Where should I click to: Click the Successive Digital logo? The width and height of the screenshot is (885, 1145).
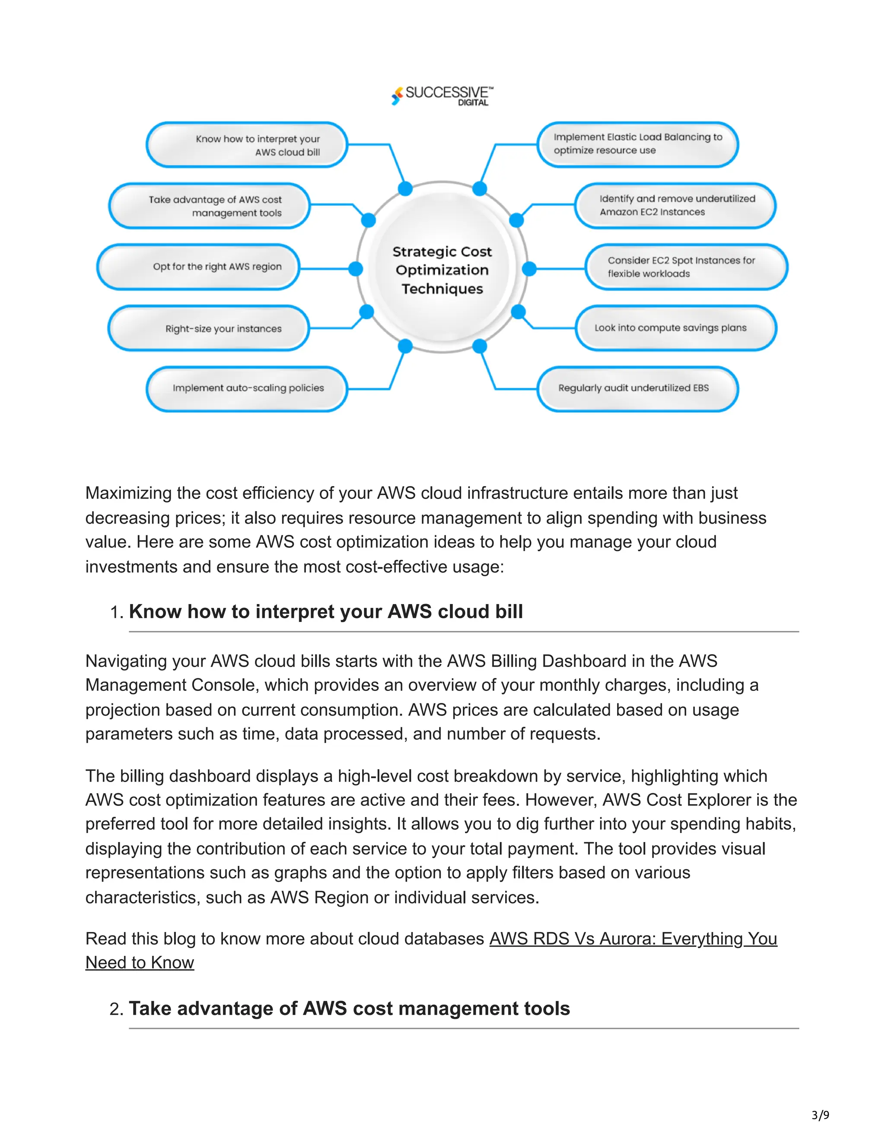pos(442,95)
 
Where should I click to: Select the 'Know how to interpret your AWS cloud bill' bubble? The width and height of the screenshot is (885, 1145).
pos(247,145)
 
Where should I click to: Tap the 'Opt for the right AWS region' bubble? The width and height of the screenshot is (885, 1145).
pos(199,267)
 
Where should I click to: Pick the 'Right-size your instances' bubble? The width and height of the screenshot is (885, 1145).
pos(209,329)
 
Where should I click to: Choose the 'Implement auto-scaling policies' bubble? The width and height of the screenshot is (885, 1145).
pos(247,388)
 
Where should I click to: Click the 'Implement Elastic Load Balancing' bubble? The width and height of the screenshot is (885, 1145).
pos(637,144)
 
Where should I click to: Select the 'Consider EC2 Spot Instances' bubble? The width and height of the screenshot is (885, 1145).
pos(686,267)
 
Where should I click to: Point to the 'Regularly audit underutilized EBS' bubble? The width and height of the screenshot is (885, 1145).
pos(637,388)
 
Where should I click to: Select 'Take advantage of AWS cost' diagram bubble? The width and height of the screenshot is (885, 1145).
pos(209,206)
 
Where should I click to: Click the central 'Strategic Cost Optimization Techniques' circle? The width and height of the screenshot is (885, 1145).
pos(442,270)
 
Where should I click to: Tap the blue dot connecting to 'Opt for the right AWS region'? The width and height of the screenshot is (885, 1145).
pos(356,269)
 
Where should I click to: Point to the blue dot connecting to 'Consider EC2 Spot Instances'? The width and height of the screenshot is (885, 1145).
pos(529,269)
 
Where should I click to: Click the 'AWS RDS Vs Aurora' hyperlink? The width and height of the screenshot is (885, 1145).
pos(632,938)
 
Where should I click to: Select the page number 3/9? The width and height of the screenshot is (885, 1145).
pos(820,1115)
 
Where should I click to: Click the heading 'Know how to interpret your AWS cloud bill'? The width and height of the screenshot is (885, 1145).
pos(325,612)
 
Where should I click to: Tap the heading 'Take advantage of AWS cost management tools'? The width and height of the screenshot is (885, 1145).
pos(349,1009)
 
